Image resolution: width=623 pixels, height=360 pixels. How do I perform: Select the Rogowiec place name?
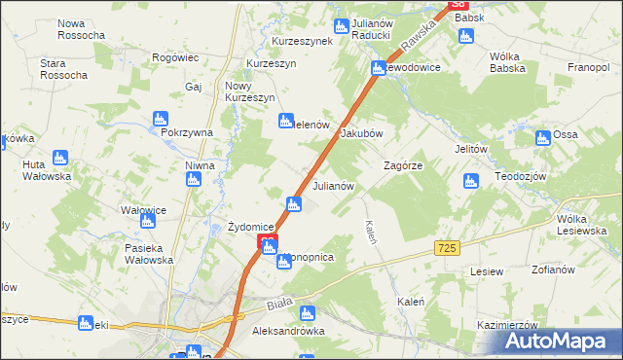[x=175, y=57]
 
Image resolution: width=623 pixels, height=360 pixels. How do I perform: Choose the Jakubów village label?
[x=361, y=134]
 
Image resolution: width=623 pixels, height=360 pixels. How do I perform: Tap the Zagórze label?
[x=402, y=166]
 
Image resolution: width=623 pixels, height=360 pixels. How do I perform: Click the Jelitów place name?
[x=470, y=149]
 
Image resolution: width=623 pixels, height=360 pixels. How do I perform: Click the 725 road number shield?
[x=447, y=250]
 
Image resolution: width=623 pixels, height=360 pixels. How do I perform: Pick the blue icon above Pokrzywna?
[x=161, y=119]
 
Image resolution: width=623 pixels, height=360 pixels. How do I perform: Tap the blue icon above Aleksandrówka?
[x=308, y=313]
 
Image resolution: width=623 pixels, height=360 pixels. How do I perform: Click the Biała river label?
[x=279, y=306]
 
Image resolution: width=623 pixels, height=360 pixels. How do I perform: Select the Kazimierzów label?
[x=508, y=325]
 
